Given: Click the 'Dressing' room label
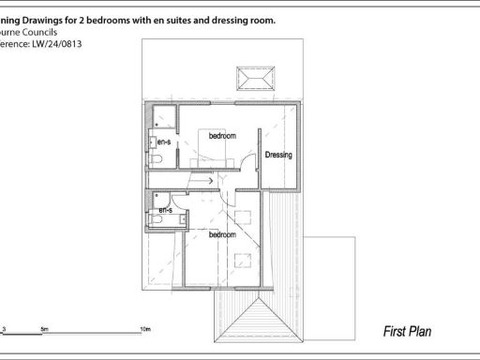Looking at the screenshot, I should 280,155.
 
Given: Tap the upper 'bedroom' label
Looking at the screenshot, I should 222,137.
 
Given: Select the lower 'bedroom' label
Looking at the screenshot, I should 222,234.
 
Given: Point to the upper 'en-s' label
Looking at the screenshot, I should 163,142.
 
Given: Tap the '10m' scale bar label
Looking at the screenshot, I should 144,329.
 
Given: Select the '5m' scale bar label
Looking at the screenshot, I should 44,329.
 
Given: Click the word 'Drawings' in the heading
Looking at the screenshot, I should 51,18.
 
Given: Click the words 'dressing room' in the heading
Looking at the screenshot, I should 245,18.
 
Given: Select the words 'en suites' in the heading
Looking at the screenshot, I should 183,18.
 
